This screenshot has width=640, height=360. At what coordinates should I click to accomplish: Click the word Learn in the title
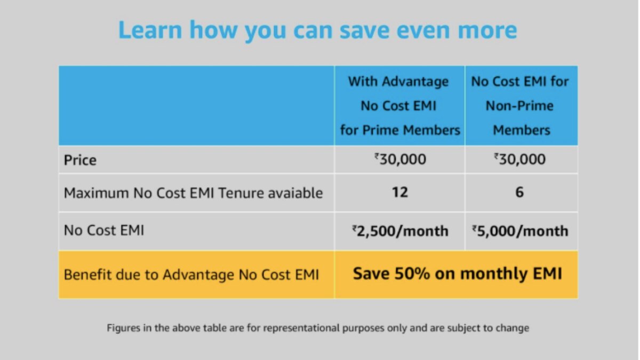click(x=150, y=30)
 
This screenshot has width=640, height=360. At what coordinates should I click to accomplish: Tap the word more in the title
click(x=487, y=30)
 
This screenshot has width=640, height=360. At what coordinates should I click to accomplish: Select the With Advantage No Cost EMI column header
click(x=399, y=106)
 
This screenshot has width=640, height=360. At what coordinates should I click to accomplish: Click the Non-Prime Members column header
click(x=519, y=106)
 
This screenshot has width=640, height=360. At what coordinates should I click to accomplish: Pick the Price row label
click(x=80, y=160)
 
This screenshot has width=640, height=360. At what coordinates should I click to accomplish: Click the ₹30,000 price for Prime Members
click(x=400, y=159)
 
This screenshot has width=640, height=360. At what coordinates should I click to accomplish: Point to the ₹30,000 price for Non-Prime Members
click(x=519, y=159)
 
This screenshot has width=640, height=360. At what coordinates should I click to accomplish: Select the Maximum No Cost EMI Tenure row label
click(x=193, y=193)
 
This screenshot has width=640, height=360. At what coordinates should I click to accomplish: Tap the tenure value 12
click(x=399, y=193)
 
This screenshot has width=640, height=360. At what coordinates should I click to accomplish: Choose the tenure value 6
click(x=519, y=193)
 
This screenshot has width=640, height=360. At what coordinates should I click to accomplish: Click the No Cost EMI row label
click(x=104, y=230)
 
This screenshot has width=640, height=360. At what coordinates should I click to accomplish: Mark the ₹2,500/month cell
click(x=400, y=231)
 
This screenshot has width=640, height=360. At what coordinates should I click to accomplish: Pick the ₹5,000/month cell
click(x=520, y=231)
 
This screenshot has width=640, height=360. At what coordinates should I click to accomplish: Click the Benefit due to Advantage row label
click(x=191, y=275)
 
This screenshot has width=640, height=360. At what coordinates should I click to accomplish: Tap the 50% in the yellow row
click(x=412, y=274)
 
